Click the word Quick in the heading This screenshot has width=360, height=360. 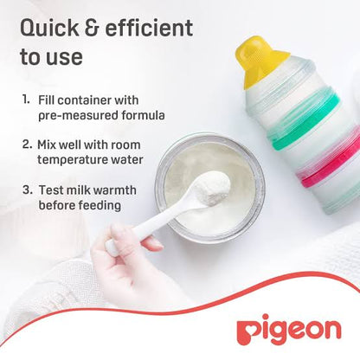point(49,29)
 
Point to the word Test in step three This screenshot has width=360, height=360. point(52,189)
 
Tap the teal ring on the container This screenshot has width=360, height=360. point(299,135)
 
